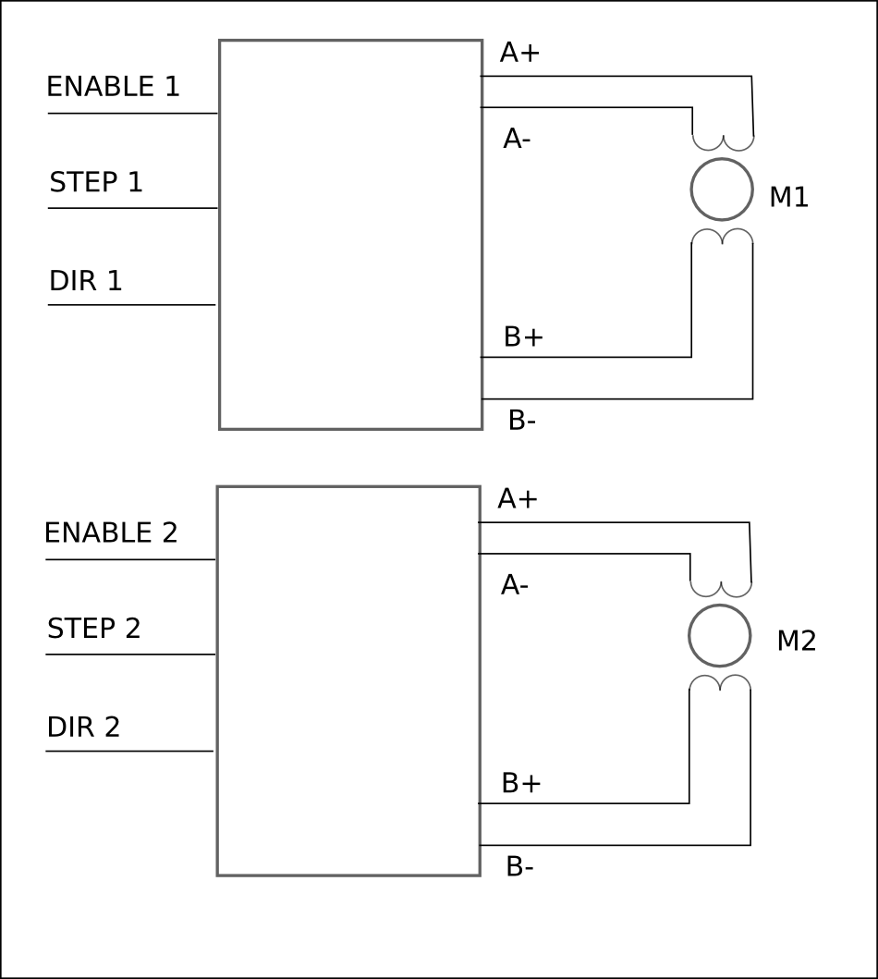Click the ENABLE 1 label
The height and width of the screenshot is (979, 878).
tap(113, 87)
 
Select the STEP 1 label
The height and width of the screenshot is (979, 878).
tap(96, 182)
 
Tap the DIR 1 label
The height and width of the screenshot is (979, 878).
tap(86, 281)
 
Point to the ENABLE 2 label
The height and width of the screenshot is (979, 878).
tap(111, 533)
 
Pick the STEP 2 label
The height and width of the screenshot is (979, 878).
tap(94, 629)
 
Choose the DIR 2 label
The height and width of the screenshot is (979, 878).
tap(83, 728)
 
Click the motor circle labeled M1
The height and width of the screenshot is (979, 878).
tap(722, 190)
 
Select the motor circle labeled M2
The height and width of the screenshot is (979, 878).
tap(719, 636)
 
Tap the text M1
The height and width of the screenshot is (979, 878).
tap(788, 197)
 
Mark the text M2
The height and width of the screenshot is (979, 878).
tap(796, 641)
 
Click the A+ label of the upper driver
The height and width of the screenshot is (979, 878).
tap(519, 53)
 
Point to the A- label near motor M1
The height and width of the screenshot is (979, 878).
tap(517, 139)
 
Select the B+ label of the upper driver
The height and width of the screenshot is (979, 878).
tap(523, 337)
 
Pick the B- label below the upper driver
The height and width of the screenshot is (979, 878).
tap(522, 421)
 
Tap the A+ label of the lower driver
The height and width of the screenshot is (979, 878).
tap(518, 499)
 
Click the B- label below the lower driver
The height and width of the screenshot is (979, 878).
tap(519, 867)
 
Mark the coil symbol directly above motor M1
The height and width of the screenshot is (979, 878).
tap(724, 142)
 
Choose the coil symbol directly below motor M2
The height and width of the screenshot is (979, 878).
tap(720, 682)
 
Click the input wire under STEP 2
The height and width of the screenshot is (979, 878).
tap(130, 655)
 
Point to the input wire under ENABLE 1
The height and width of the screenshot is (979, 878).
tap(132, 114)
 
